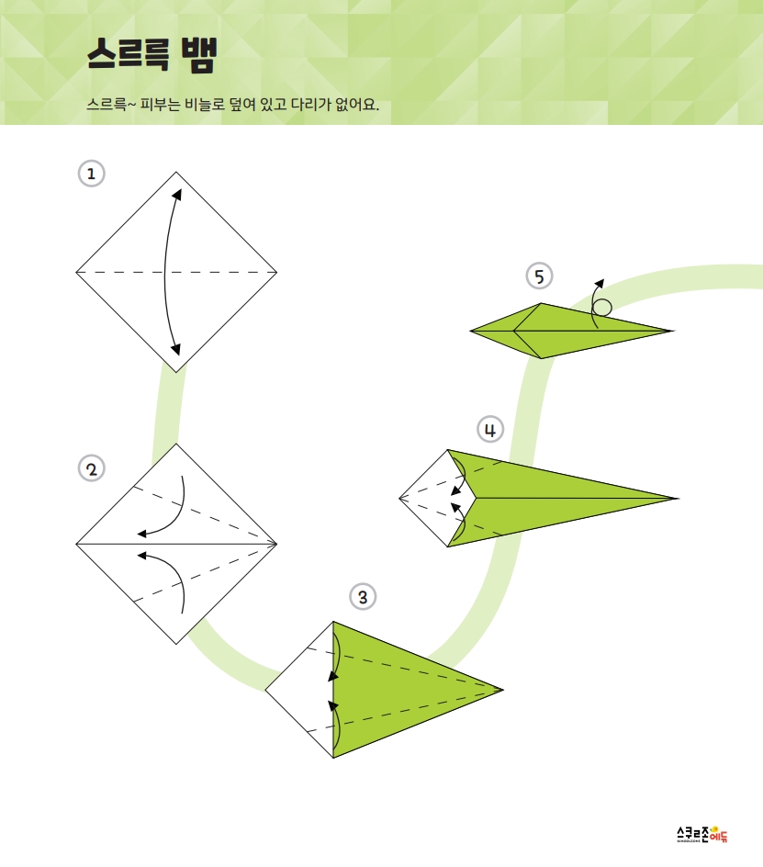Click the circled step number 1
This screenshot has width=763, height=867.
click(x=91, y=174)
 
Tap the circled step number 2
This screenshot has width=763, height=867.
click(x=91, y=469)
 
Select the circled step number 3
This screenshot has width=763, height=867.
click(x=363, y=597)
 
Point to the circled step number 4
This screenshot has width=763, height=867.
click(x=490, y=430)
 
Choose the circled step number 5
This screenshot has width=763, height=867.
click(x=539, y=276)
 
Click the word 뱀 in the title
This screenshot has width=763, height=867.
click(x=198, y=55)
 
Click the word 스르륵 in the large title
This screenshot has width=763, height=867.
click(x=128, y=54)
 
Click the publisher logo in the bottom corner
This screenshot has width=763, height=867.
click(x=702, y=834)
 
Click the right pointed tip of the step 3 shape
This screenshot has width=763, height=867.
click(x=502, y=690)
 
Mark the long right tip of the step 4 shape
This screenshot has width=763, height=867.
click(x=678, y=498)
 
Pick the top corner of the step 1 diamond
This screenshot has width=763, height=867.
click(x=176, y=172)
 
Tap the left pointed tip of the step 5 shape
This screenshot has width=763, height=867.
click(x=470, y=332)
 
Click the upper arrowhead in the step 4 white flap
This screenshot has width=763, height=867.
click(x=456, y=490)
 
